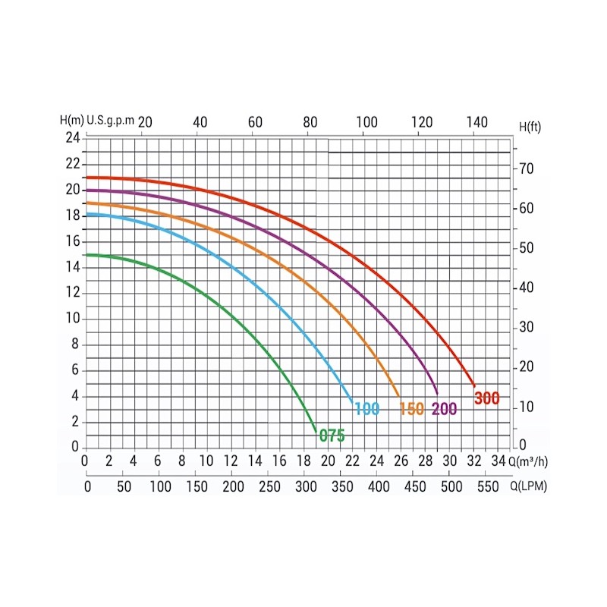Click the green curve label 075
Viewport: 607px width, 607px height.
click(332, 436)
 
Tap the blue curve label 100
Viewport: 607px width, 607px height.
click(366, 409)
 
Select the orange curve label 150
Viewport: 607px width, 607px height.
click(411, 409)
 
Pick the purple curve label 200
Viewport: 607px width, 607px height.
click(445, 409)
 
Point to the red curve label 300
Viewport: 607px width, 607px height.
click(486, 398)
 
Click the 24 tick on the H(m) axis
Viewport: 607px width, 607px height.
click(72, 137)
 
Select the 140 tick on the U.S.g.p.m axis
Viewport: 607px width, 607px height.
click(477, 121)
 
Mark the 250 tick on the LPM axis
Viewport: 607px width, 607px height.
click(269, 486)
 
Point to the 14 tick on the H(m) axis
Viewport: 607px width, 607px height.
click(72, 266)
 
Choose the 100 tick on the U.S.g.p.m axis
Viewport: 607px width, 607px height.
click(366, 121)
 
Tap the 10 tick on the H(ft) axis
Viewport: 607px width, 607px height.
click(527, 407)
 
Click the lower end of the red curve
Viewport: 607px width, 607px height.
click(474, 385)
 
